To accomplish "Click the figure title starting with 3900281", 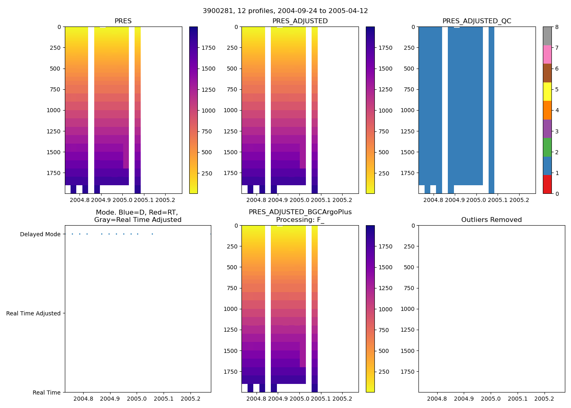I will (x=285, y=11).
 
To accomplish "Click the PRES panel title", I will (x=123, y=21).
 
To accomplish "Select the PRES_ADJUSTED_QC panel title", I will (x=476, y=21).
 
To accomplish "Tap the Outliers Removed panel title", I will (x=491, y=220).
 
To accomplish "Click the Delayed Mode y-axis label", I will (x=40, y=234).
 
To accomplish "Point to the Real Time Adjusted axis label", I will (x=33, y=313).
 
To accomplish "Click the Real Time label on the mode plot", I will (x=46, y=392).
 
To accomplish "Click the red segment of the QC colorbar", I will (x=547, y=184).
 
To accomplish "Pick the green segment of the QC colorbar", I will (x=547, y=147).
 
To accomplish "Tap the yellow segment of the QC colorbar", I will (x=547, y=91).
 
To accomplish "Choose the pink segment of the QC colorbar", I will (x=547, y=54).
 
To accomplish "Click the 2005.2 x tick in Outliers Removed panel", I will (x=544, y=399).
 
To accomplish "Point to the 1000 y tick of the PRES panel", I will (x=53, y=110).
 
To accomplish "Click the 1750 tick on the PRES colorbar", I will (x=208, y=48).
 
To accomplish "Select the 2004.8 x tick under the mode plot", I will (x=83, y=399).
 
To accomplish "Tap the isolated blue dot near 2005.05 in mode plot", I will (x=152, y=234).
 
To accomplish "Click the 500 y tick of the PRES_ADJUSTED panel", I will (x=232, y=69).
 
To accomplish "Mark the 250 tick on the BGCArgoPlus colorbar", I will (x=384, y=372).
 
